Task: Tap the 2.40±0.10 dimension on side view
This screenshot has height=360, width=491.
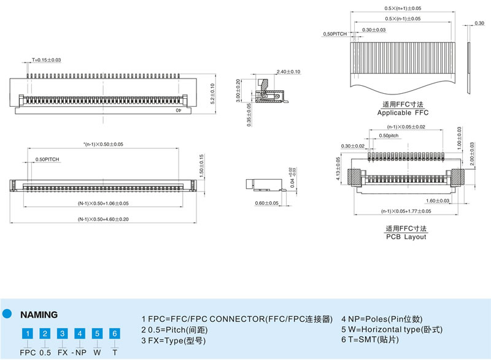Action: [x=288, y=72]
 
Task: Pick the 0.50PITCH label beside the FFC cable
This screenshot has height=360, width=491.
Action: [x=336, y=35]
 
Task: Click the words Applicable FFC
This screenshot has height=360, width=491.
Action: [x=403, y=113]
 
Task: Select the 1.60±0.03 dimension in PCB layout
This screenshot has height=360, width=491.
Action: [x=438, y=200]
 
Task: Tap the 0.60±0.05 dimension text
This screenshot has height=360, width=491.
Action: [x=266, y=203]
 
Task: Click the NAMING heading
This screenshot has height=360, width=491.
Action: [x=39, y=315]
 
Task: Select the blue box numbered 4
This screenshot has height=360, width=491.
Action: [x=79, y=334]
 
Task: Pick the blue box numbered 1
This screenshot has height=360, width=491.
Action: [x=28, y=334]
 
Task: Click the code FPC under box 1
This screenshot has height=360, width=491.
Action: [x=28, y=353]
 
